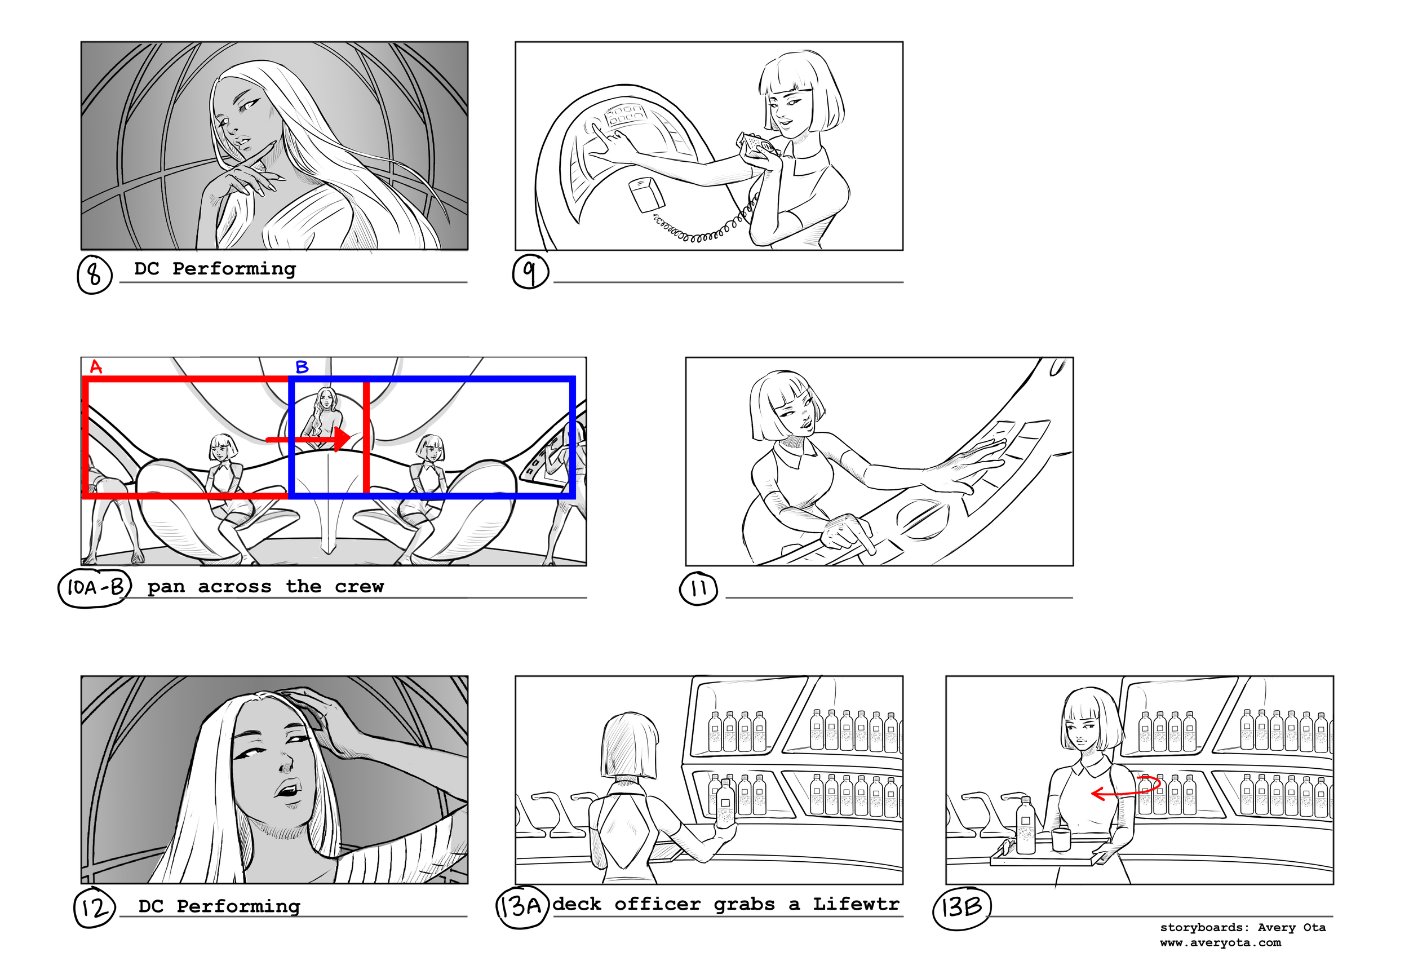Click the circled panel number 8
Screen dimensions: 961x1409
point(95,274)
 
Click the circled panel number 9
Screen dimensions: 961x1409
point(530,272)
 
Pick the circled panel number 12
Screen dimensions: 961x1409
point(94,908)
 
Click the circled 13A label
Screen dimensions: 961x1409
point(521,907)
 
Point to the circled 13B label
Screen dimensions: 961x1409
point(961,907)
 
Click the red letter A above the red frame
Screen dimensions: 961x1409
point(96,367)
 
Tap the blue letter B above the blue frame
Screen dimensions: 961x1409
point(302,367)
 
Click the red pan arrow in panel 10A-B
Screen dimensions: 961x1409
point(309,439)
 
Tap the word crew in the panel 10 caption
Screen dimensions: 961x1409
point(359,586)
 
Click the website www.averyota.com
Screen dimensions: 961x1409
point(1220,943)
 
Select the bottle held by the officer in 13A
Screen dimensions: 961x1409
point(725,803)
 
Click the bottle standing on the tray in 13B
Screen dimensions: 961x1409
point(1025,826)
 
